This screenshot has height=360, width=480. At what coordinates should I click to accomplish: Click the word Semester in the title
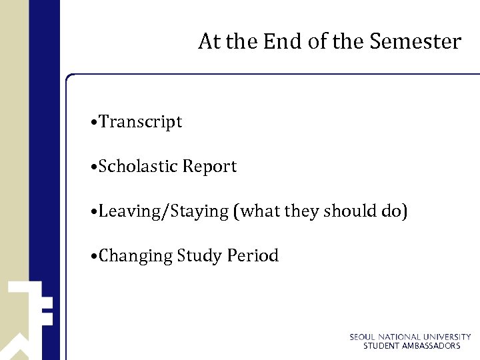[x=415, y=41]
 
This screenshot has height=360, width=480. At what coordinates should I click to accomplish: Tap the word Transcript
[x=141, y=122]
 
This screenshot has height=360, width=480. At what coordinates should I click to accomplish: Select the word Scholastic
[x=138, y=167]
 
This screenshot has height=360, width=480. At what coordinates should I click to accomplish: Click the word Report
[x=210, y=167]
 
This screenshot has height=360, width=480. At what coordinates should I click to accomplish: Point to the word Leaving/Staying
[x=164, y=212]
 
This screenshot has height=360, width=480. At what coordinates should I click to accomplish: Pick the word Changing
[x=136, y=256]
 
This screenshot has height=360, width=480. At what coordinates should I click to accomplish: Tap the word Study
[x=200, y=256]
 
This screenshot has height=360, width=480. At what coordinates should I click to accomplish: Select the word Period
[x=253, y=255]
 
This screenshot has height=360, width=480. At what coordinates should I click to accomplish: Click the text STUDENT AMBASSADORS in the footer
[x=411, y=346]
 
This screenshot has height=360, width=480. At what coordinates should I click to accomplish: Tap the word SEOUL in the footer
[x=363, y=337]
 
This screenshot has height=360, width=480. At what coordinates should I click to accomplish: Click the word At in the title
[x=209, y=41]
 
